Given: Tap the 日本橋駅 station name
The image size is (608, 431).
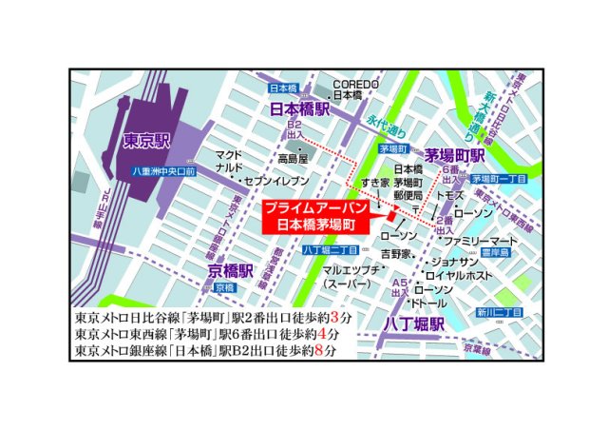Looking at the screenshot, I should point(300,109).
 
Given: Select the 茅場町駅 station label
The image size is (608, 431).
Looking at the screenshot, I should point(455,155).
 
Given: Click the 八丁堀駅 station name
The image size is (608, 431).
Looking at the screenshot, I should point(414,323).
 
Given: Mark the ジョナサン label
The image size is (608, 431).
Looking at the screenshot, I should point(454,261).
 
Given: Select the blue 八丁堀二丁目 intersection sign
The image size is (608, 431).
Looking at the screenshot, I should point(329,250).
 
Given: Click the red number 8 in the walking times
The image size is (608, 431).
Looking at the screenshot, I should point(328,351).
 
